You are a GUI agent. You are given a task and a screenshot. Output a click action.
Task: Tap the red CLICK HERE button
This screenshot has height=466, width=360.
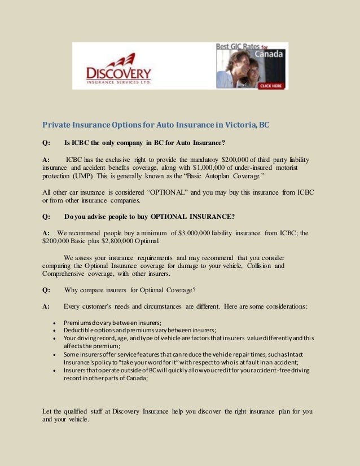[x=270, y=86]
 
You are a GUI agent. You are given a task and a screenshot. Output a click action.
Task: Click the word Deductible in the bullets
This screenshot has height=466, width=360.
[x=81, y=330]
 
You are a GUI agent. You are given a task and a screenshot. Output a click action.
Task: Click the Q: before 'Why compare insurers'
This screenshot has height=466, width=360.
[x=46, y=291]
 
